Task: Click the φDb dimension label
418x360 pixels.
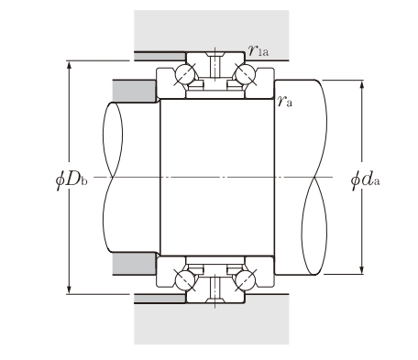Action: (x=71, y=180)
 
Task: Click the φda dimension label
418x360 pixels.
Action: (x=365, y=180)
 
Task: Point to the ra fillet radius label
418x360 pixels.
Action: (x=285, y=101)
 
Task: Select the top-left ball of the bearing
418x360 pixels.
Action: (x=185, y=74)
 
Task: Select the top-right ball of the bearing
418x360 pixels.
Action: (x=245, y=74)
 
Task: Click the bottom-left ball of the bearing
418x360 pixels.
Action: (x=185, y=280)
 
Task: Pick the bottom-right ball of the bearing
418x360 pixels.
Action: (x=245, y=280)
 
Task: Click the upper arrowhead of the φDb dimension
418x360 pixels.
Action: (x=69, y=65)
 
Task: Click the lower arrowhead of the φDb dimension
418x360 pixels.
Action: (x=69, y=289)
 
